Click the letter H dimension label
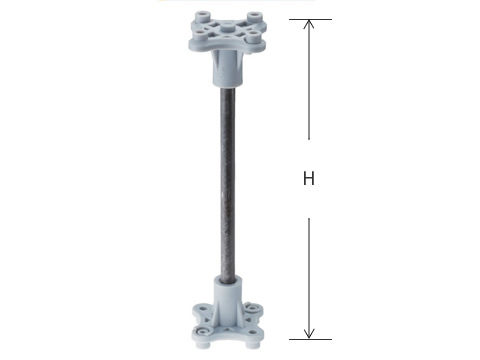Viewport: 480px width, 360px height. coord(309,178)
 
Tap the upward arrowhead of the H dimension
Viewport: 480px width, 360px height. coord(309,23)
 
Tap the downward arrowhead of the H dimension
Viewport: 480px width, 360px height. coord(309,334)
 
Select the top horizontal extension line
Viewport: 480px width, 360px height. coord(310,19)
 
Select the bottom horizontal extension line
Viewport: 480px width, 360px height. coord(310,339)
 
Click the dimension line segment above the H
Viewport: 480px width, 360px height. coord(309,79)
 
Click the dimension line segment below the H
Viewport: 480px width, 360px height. coord(309,278)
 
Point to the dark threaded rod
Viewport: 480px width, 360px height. coord(227,183)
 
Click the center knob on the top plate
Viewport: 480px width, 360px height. coord(227,27)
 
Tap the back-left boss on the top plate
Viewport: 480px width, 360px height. coord(202,16)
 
